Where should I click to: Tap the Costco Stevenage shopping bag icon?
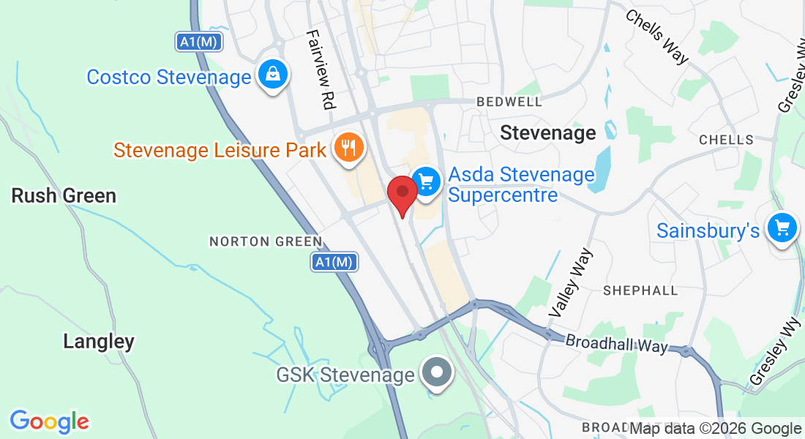(272, 75)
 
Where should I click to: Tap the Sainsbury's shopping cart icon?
(782, 230)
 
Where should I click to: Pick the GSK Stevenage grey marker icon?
(437, 373)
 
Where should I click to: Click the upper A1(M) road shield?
(198, 42)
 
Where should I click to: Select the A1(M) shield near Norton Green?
(334, 262)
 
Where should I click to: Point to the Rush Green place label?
(64, 195)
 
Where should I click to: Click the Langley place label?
(99, 341)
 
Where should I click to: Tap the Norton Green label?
(266, 241)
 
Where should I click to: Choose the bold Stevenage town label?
(548, 132)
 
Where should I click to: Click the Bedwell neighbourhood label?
(509, 102)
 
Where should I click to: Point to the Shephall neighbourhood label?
(640, 290)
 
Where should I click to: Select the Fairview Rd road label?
(321, 70)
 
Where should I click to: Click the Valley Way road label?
(570, 282)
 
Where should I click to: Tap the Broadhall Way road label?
(617, 343)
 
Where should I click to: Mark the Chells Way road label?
(656, 36)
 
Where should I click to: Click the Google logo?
(49, 421)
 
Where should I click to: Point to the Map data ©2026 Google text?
(715, 429)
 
